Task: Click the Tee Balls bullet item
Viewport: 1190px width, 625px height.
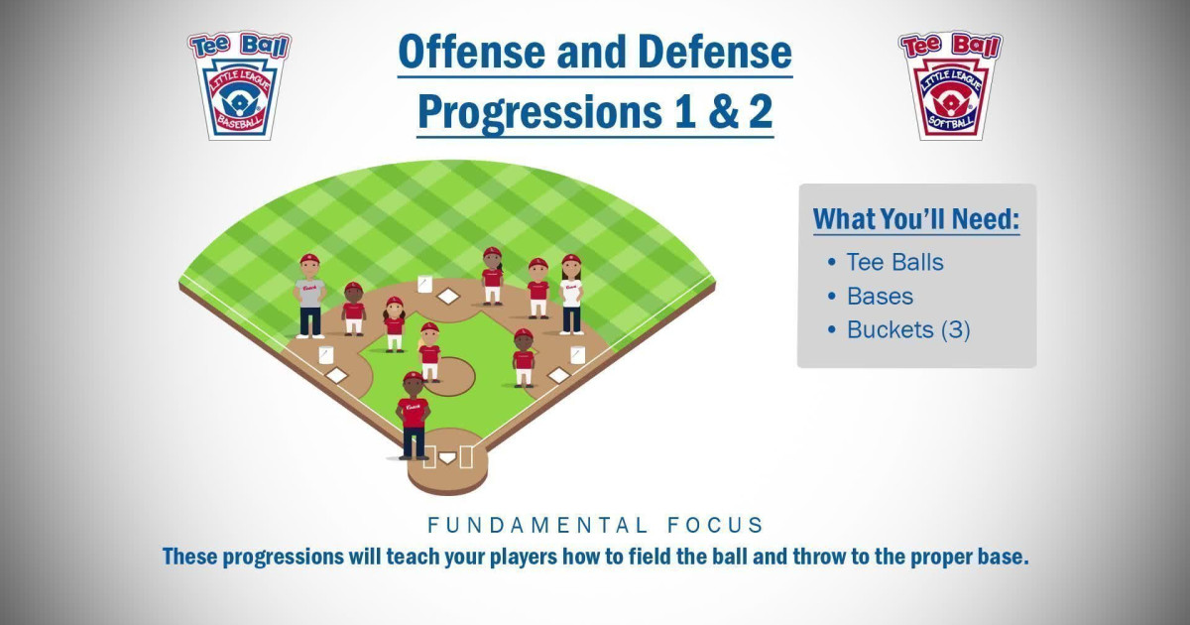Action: click(893, 262)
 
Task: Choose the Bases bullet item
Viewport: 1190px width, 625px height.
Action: click(880, 296)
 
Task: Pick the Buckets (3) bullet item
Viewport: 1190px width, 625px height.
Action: click(907, 329)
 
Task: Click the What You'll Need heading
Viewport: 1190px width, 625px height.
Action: click(916, 219)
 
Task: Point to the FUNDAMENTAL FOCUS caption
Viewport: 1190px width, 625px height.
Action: click(595, 524)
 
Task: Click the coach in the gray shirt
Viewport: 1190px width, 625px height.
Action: click(309, 296)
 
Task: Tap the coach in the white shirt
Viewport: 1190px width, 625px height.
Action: click(571, 293)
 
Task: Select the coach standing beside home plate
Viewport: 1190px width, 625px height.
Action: click(414, 415)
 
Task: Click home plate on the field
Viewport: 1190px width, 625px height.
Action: click(447, 458)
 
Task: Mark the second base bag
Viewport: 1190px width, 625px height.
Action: click(449, 296)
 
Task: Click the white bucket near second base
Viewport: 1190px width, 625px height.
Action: click(424, 284)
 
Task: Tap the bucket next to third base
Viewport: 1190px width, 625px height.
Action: click(325, 355)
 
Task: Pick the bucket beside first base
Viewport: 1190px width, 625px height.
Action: click(577, 354)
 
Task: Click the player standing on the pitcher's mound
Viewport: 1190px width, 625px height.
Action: click(429, 352)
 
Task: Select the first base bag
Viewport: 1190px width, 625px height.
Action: click(559, 375)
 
